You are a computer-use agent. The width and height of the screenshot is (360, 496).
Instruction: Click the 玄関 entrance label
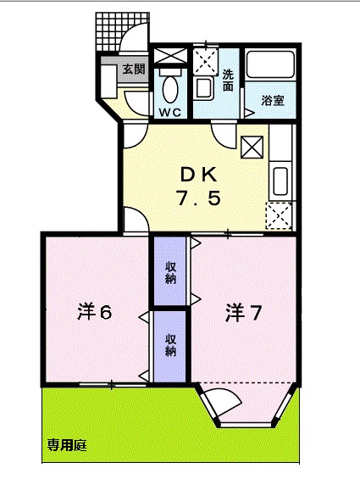tap(133, 70)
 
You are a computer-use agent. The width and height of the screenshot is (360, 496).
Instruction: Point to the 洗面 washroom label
tap(228, 80)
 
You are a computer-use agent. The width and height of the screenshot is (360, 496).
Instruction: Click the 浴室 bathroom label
tap(272, 101)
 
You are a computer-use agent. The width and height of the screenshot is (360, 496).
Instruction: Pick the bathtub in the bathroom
tap(270, 68)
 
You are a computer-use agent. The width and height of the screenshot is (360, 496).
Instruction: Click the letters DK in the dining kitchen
tap(199, 174)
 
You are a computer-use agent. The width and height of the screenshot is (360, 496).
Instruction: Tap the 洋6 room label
tap(95, 312)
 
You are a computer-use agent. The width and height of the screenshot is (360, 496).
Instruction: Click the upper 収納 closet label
tap(170, 272)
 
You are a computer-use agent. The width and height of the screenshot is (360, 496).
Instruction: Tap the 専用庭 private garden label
tap(67, 445)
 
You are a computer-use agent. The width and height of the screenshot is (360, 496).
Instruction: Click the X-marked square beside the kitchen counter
tap(252, 147)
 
